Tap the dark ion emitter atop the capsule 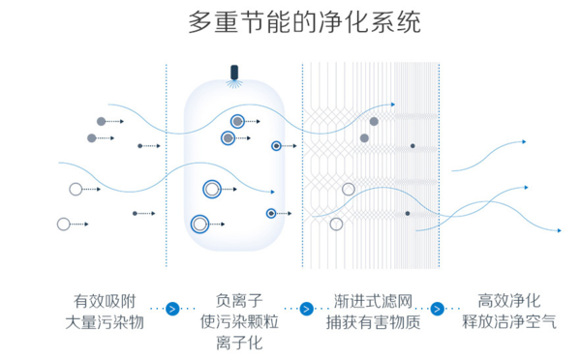[233, 73]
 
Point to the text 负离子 [238, 300]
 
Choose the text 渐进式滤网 [373, 300]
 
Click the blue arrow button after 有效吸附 [173, 310]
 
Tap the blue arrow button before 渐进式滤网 [307, 310]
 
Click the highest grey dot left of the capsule [101, 121]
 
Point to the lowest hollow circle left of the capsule [64, 225]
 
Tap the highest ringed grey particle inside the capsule [237, 121]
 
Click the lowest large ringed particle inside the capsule [200, 225]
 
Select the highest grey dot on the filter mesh [374, 121]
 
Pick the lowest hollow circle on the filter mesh [336, 225]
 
